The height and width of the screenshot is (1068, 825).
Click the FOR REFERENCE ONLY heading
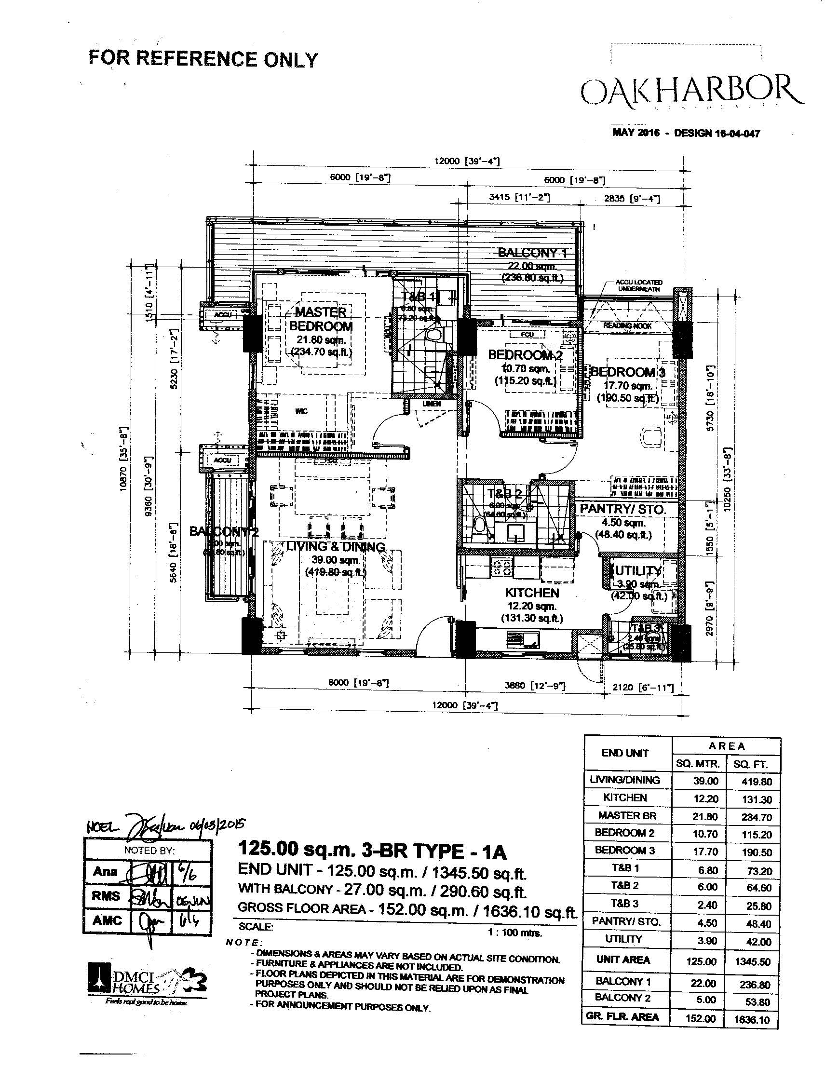coord(203,59)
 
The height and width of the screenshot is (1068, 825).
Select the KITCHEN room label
coord(531,593)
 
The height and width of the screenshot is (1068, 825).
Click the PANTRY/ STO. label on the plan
coord(622,510)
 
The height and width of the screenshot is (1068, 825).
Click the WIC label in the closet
coord(301,411)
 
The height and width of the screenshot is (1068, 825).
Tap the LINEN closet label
coord(432,404)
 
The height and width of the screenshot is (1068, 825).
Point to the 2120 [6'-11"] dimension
coord(643,688)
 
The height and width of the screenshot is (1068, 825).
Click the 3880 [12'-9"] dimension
coord(535,686)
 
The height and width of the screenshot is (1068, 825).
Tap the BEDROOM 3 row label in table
coord(624,851)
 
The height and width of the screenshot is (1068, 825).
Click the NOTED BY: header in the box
coord(149,851)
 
